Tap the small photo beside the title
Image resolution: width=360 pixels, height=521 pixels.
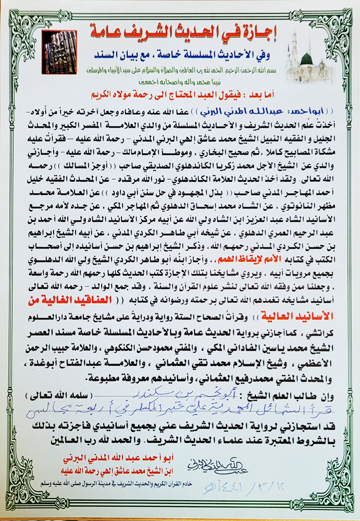[59, 47]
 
